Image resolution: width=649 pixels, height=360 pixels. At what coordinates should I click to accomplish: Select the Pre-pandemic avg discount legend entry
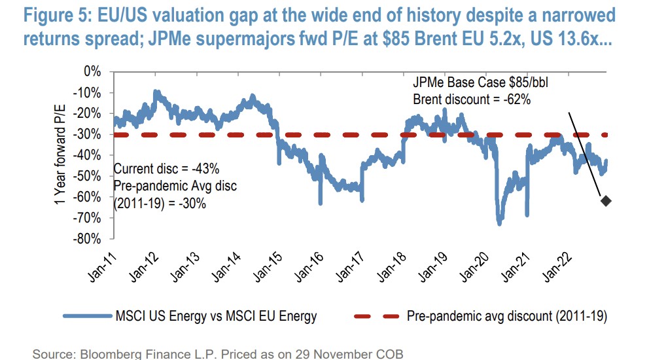(x=507, y=317)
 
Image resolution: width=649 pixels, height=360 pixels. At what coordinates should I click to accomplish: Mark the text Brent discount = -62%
(x=471, y=99)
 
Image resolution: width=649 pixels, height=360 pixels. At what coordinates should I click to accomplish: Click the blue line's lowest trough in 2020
(x=500, y=223)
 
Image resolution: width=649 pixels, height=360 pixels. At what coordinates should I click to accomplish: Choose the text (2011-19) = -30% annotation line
(x=160, y=204)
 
